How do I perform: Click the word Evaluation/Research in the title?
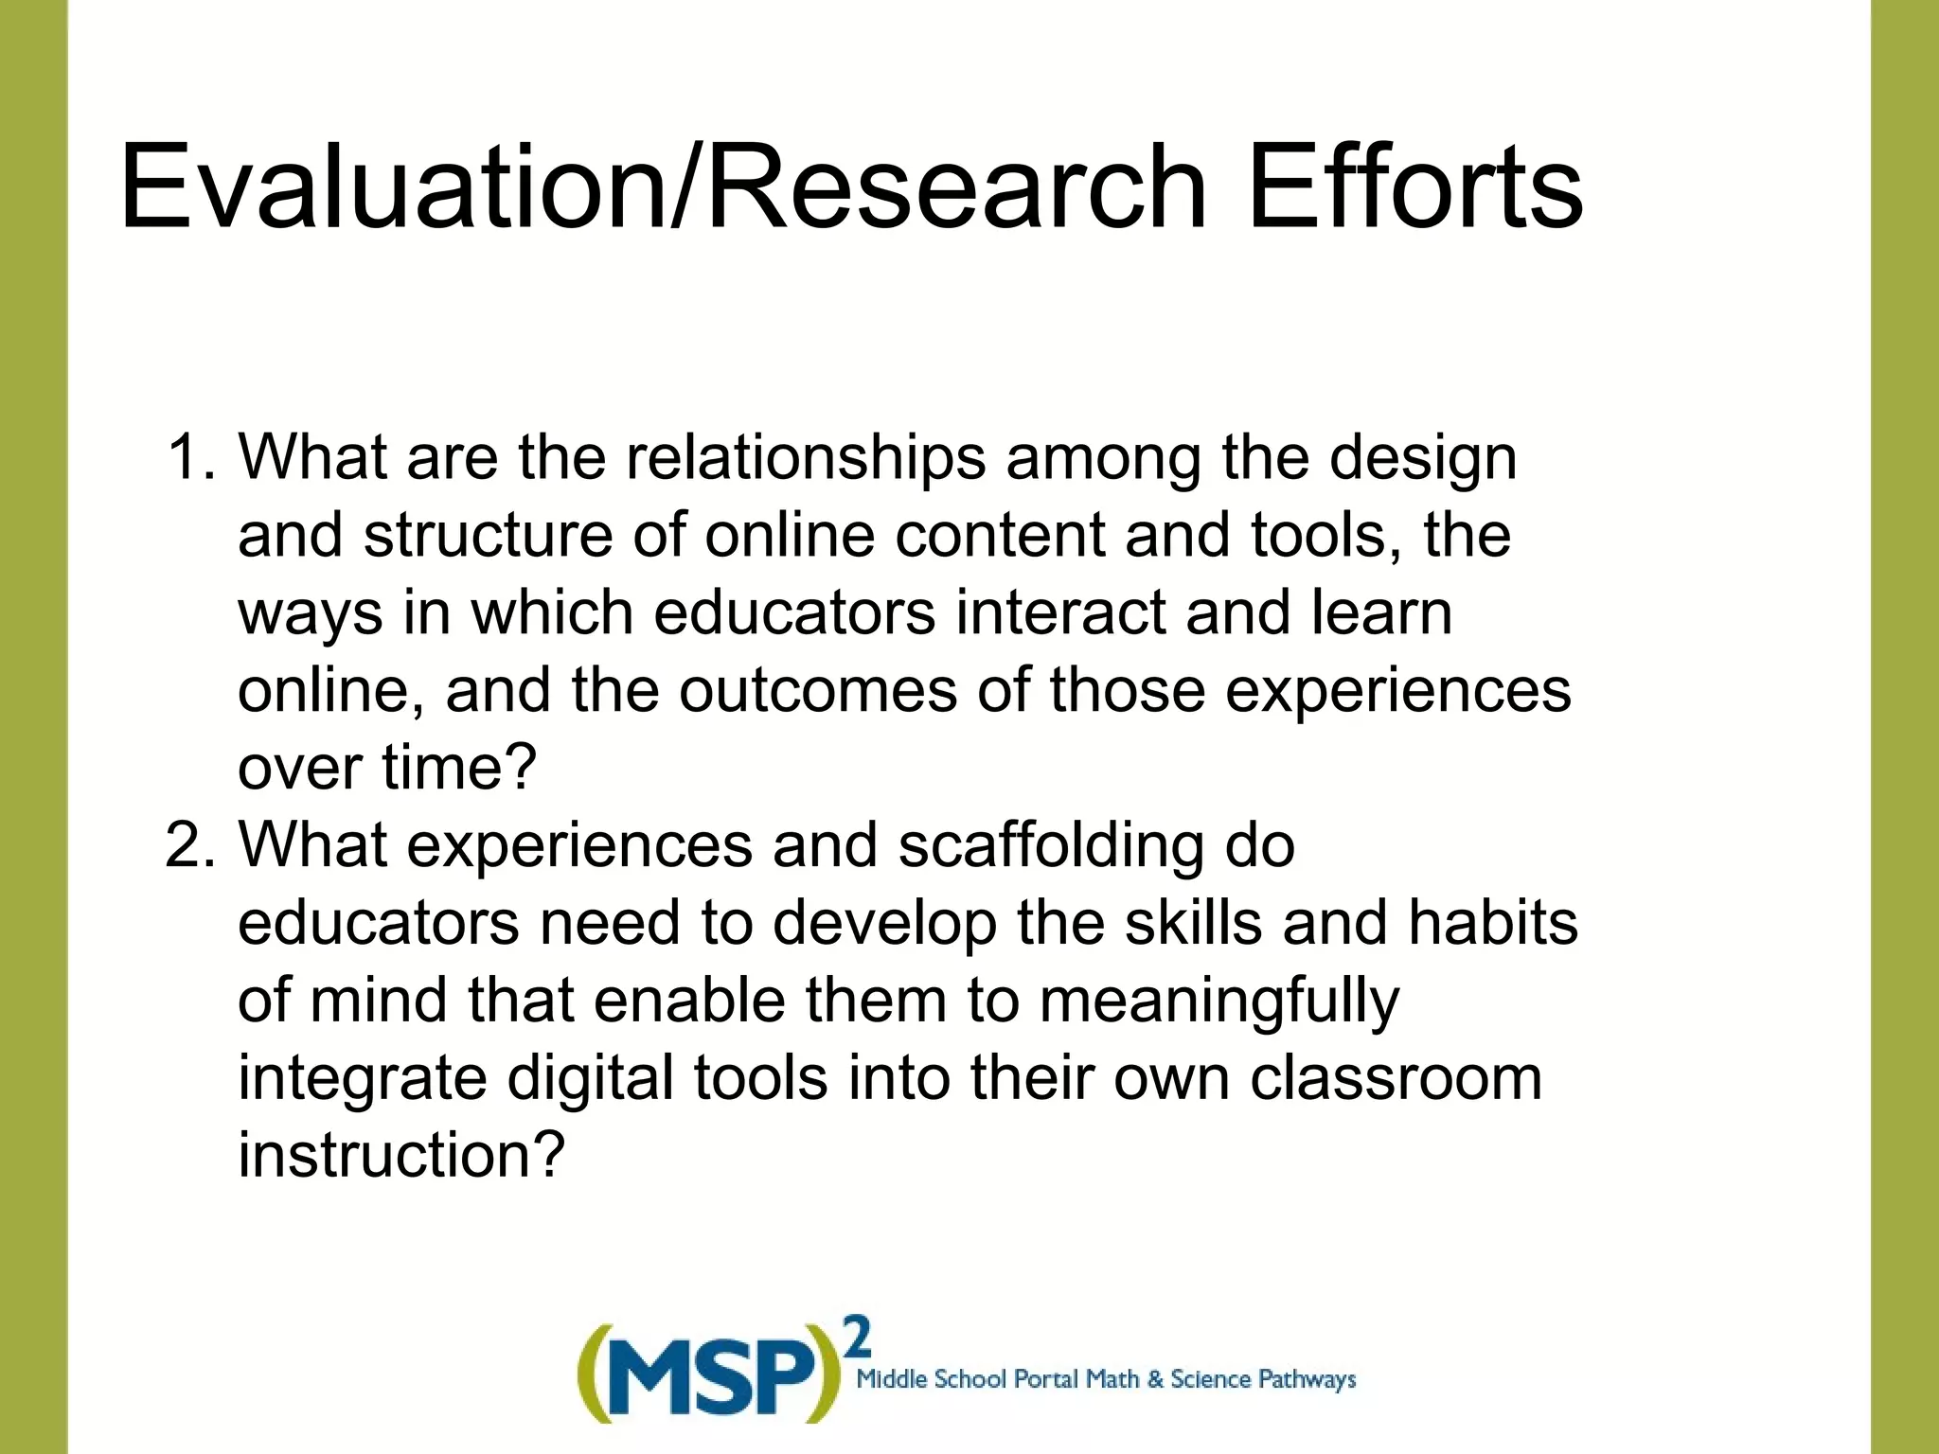point(663,186)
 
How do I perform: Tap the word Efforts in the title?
point(1414,186)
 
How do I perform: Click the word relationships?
point(804,458)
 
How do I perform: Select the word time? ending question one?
point(459,768)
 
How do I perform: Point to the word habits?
point(1492,923)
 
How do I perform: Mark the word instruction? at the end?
point(400,1156)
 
